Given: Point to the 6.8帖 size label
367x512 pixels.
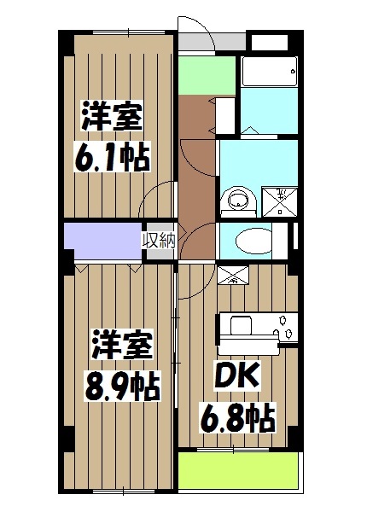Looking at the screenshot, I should click(x=237, y=418).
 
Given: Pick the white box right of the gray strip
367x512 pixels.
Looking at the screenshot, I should click(x=268, y=41).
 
